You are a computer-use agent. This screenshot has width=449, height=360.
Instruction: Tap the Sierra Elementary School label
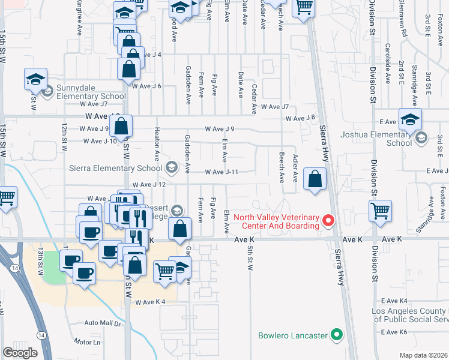click(116, 168)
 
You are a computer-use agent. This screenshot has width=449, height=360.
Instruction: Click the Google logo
click(20, 353)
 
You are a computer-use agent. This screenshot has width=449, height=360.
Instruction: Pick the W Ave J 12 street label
click(149, 184)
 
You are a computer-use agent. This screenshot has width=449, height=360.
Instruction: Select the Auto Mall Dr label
click(103, 323)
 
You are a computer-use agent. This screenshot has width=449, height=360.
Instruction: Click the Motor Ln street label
click(87, 342)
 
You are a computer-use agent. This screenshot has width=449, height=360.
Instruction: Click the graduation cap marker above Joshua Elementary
click(410, 119)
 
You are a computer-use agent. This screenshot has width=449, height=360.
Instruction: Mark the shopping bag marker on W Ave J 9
click(121, 127)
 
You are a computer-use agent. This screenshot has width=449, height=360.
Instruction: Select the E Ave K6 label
click(394, 332)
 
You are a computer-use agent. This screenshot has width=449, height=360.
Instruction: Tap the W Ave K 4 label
click(150, 302)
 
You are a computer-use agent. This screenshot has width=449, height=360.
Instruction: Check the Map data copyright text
click(424, 355)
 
